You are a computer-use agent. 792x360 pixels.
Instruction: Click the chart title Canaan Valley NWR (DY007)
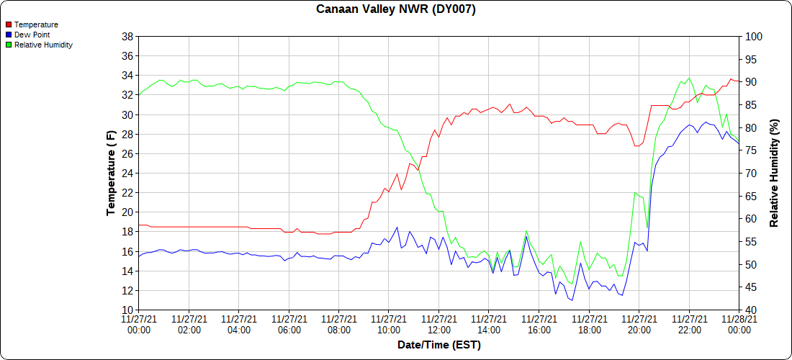(396, 9)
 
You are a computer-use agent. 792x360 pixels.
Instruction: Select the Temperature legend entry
(36, 24)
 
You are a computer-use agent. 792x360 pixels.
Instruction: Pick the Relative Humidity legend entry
(43, 45)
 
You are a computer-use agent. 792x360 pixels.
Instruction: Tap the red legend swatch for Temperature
(9, 24)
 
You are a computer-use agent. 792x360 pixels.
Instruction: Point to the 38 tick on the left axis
(127, 36)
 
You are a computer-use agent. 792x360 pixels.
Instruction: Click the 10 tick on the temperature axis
(127, 310)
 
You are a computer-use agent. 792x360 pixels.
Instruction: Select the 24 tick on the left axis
(127, 174)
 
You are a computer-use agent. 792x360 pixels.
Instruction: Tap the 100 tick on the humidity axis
(753, 36)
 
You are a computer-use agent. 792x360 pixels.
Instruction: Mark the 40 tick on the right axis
(750, 310)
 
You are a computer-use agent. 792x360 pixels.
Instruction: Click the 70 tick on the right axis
(750, 174)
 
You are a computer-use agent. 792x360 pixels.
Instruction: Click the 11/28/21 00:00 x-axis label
(738, 324)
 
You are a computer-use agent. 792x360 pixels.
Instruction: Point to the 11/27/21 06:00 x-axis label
(288, 324)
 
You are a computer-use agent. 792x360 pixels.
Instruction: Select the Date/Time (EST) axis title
(438, 345)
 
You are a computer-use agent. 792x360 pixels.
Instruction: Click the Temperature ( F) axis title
(111, 174)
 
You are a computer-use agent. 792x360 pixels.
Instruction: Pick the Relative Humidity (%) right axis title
(774, 174)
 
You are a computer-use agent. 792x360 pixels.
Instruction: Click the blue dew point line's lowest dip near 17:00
(572, 300)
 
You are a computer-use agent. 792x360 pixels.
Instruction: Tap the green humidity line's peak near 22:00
(688, 78)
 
